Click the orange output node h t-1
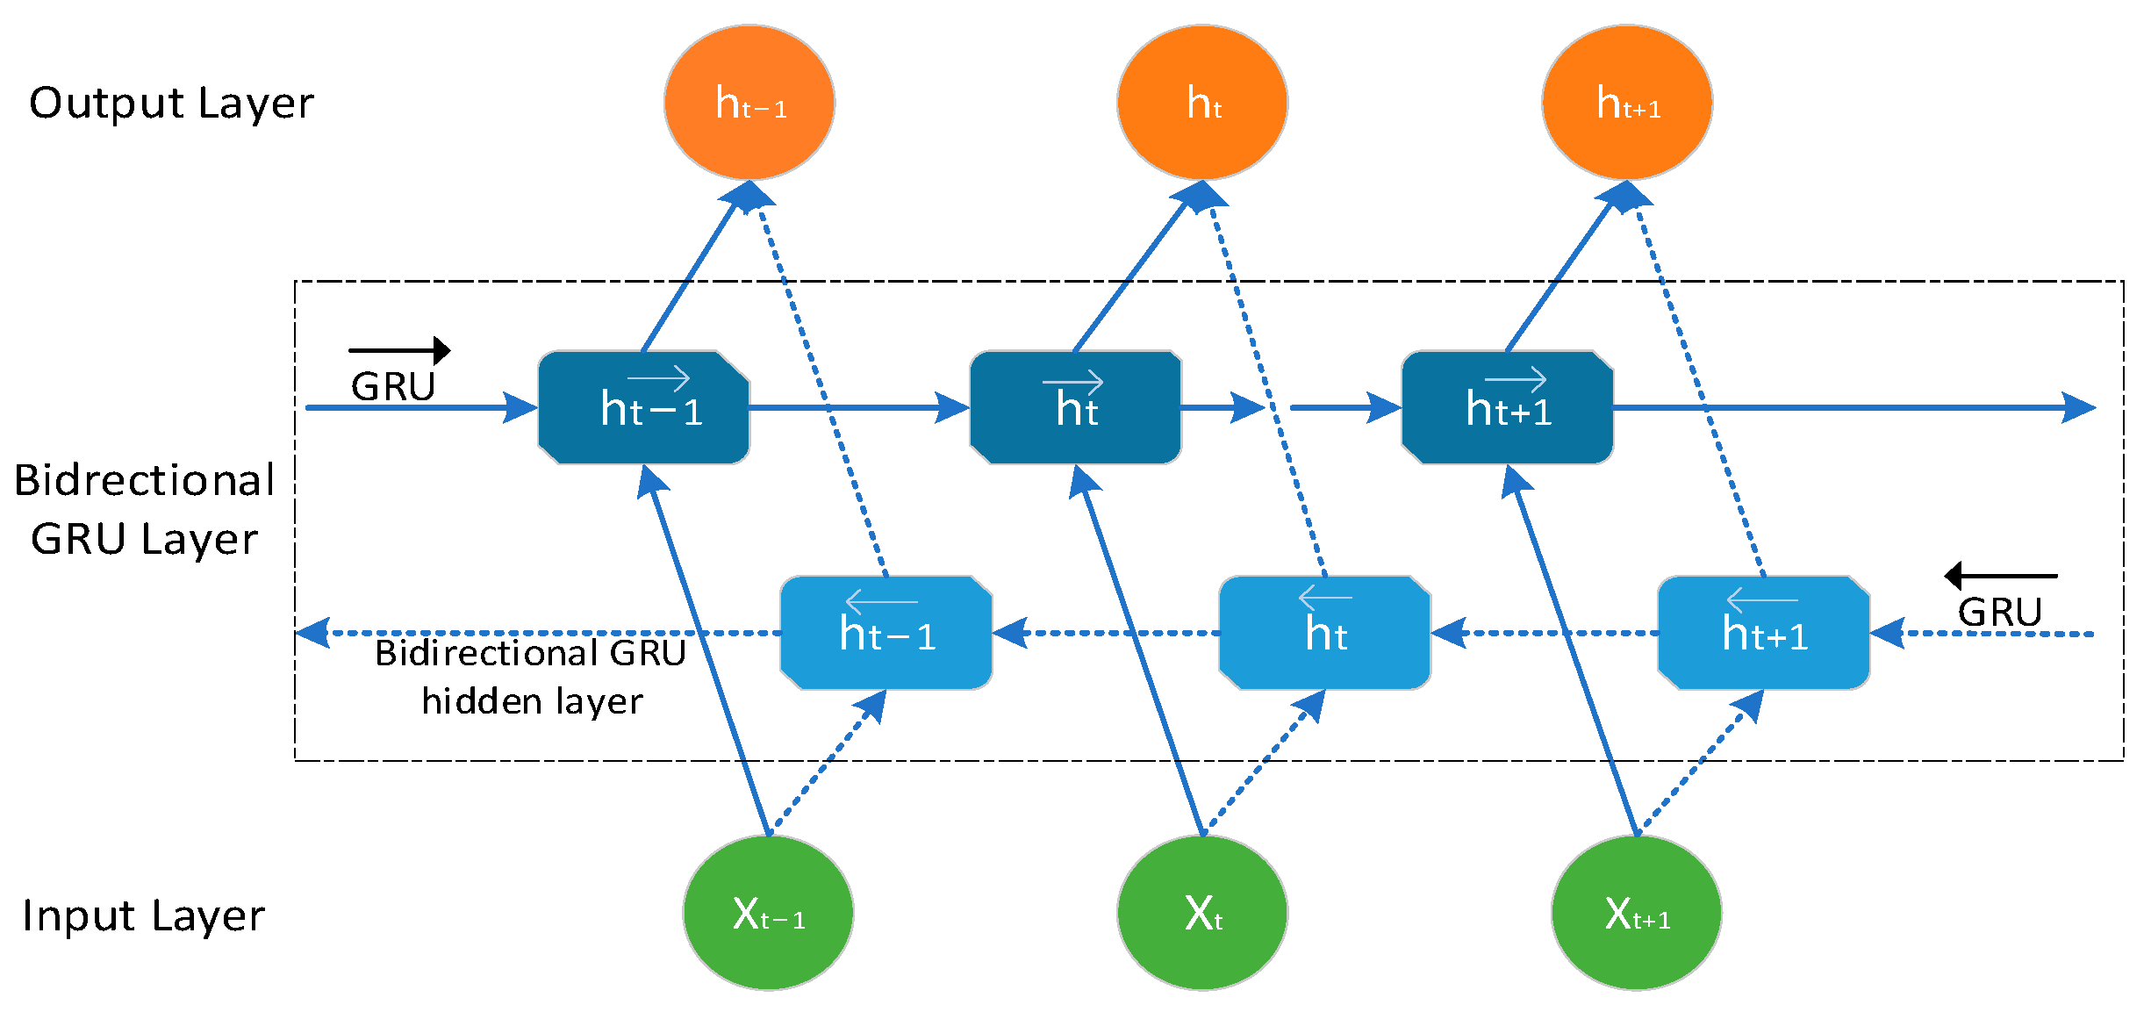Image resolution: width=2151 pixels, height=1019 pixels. click(749, 103)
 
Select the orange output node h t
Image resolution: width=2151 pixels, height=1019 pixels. click(1201, 103)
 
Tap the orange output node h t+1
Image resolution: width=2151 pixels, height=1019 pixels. click(1626, 103)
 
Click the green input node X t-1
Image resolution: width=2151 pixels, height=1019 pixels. click(768, 913)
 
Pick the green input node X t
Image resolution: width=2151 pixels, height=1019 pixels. click(1201, 913)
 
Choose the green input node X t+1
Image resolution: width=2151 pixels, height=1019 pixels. click(1636, 913)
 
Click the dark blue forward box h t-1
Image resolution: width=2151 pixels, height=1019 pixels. click(643, 407)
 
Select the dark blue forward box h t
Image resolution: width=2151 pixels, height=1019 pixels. click(1075, 407)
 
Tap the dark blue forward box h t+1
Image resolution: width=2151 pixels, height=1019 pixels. click(1507, 407)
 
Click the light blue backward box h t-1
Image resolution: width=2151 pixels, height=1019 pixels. click(885, 633)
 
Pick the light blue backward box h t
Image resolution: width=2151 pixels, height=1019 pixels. click(1324, 633)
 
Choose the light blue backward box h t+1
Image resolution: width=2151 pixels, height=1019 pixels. click(1763, 633)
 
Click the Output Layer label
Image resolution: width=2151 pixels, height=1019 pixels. click(171, 104)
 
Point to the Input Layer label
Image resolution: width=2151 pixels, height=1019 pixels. click(143, 915)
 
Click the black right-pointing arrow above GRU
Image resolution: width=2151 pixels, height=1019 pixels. click(399, 350)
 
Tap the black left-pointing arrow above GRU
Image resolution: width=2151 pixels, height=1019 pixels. click(2000, 576)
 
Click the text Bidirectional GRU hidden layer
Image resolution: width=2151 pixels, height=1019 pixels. click(531, 677)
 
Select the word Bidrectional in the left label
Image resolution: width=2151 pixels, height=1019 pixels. click(145, 480)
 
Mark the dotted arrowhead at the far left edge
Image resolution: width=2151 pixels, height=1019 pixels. click(312, 633)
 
